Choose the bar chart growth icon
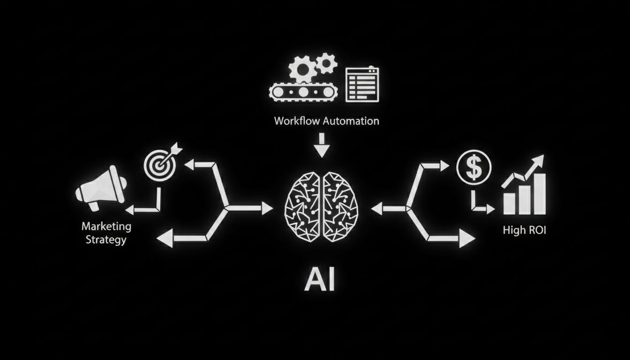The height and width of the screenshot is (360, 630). pos(524,187)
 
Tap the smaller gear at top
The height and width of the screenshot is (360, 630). pos(326,63)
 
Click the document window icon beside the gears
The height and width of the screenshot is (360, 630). pos(362,84)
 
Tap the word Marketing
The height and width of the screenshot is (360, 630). pos(106,226)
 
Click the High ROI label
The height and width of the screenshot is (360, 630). pos(525,230)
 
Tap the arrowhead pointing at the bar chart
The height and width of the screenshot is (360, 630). pos(489,210)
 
